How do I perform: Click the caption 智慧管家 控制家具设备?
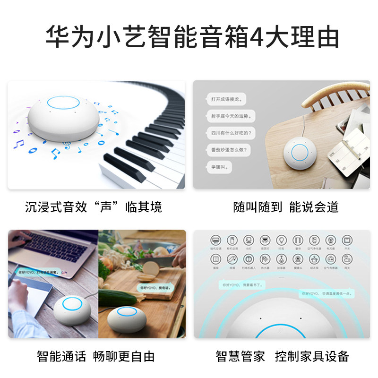[x=283, y=356]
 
